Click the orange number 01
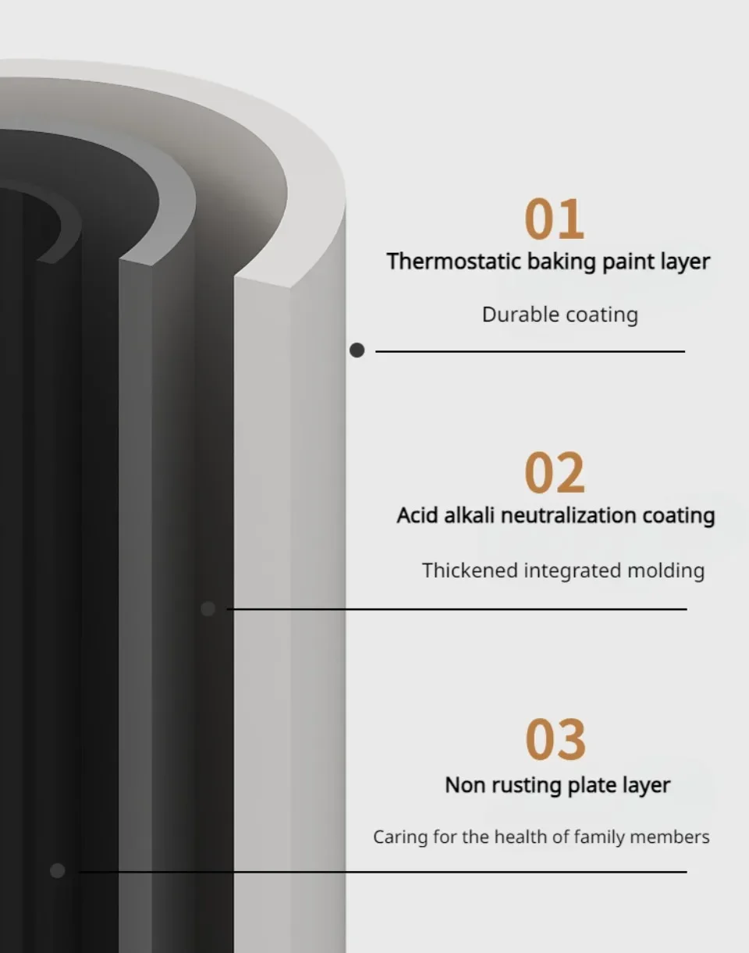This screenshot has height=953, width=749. [x=554, y=219]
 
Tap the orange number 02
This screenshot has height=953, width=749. [x=554, y=474]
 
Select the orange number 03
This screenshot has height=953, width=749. [x=555, y=739]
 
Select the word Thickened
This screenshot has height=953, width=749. [x=469, y=571]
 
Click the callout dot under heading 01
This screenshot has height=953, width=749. [x=357, y=350]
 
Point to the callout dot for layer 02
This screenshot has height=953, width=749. [x=208, y=609]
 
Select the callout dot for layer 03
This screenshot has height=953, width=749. [x=57, y=870]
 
